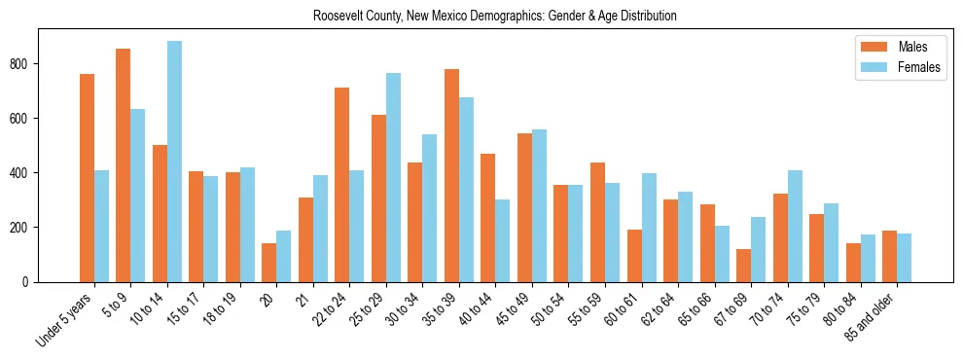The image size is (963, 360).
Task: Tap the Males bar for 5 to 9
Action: click(x=124, y=165)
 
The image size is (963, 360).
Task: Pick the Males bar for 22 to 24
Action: click(x=342, y=185)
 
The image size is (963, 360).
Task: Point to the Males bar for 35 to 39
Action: click(x=451, y=175)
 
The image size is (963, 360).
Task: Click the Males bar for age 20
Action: click(x=269, y=263)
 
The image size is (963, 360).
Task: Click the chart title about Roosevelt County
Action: click(x=494, y=17)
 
